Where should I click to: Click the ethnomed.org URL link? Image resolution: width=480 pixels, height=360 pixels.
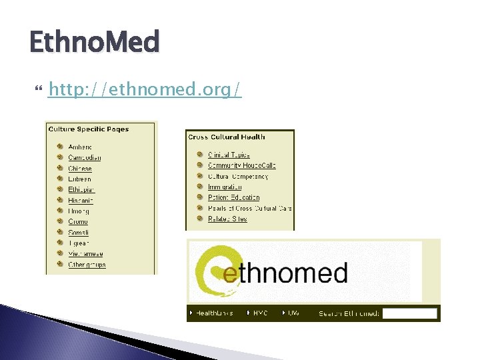point(145,89)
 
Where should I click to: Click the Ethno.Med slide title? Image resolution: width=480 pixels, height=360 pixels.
point(95,43)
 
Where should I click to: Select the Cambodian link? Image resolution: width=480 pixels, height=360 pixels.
point(85,158)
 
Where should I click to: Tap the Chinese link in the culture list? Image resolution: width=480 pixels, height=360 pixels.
point(80,169)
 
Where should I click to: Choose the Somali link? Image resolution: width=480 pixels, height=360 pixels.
point(79,233)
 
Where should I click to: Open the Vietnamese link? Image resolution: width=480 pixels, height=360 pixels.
point(85,254)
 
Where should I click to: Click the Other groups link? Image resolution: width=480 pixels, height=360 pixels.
point(87,265)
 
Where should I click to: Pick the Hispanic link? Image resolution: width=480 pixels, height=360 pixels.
point(81,201)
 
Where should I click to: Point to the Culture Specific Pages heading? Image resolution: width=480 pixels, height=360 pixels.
point(88,129)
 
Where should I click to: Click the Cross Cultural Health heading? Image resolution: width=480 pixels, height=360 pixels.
point(227,137)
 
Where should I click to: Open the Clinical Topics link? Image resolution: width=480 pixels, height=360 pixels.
point(229,155)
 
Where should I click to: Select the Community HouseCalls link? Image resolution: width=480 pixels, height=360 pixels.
point(241,165)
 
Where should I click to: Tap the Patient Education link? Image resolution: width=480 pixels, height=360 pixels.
point(233,197)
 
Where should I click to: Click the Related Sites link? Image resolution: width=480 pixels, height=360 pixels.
point(227,219)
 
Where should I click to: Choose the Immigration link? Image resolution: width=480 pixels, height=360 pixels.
point(225,187)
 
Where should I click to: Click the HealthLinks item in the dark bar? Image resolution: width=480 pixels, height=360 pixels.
point(214,313)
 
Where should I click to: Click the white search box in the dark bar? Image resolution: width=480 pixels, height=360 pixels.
point(410,313)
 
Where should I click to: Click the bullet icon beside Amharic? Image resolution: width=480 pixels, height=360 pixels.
point(59,147)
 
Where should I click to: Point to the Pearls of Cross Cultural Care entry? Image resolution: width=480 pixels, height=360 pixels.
point(249,208)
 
